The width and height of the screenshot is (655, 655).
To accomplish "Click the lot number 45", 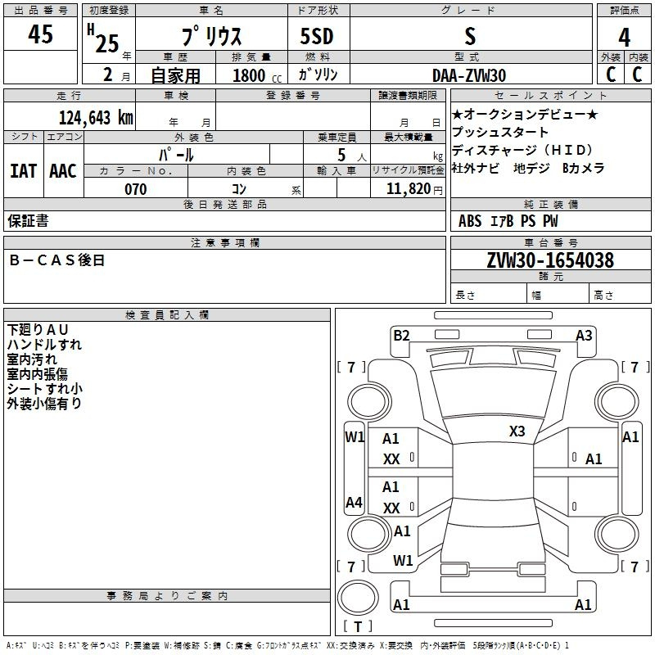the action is (40, 34).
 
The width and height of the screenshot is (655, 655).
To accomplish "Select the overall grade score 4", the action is (624, 38).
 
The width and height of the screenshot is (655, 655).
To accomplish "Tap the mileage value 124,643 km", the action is (96, 117).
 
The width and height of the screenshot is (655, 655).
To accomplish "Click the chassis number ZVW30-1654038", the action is (550, 260).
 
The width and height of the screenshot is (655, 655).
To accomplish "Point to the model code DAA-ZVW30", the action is (469, 75).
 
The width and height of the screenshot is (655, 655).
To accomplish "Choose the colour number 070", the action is (136, 189).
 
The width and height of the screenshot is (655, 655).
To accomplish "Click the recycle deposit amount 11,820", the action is (408, 189).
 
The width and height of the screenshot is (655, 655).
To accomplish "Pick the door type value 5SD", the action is (317, 36).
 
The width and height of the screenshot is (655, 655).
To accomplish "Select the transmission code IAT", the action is (24, 171).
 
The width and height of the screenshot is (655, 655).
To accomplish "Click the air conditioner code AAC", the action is (63, 171).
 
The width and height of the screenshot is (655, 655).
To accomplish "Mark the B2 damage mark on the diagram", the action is (401, 336).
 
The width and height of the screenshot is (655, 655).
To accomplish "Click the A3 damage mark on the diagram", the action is (584, 336).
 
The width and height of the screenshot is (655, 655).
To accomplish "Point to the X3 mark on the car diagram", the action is (517, 431).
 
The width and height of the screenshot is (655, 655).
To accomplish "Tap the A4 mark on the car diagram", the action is (354, 502).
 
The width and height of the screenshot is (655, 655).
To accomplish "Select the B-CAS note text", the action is (56, 260).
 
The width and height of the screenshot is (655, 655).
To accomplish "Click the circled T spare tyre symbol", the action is (358, 598).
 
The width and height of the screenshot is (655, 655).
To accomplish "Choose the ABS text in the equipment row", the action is (470, 221).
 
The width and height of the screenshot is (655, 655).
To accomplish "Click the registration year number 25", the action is (107, 43).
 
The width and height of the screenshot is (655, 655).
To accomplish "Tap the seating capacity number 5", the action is (341, 155).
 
